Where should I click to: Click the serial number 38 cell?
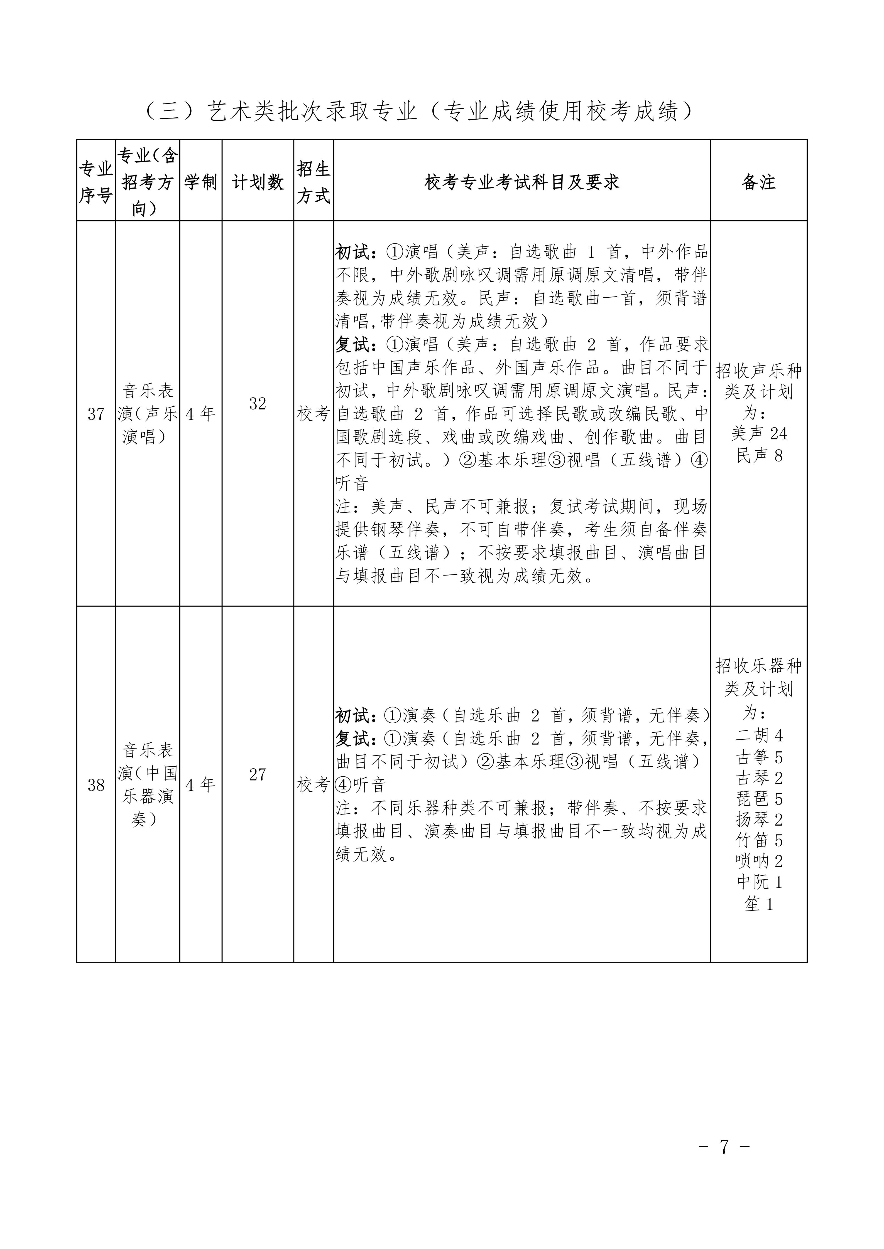pyautogui.click(x=96, y=785)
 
